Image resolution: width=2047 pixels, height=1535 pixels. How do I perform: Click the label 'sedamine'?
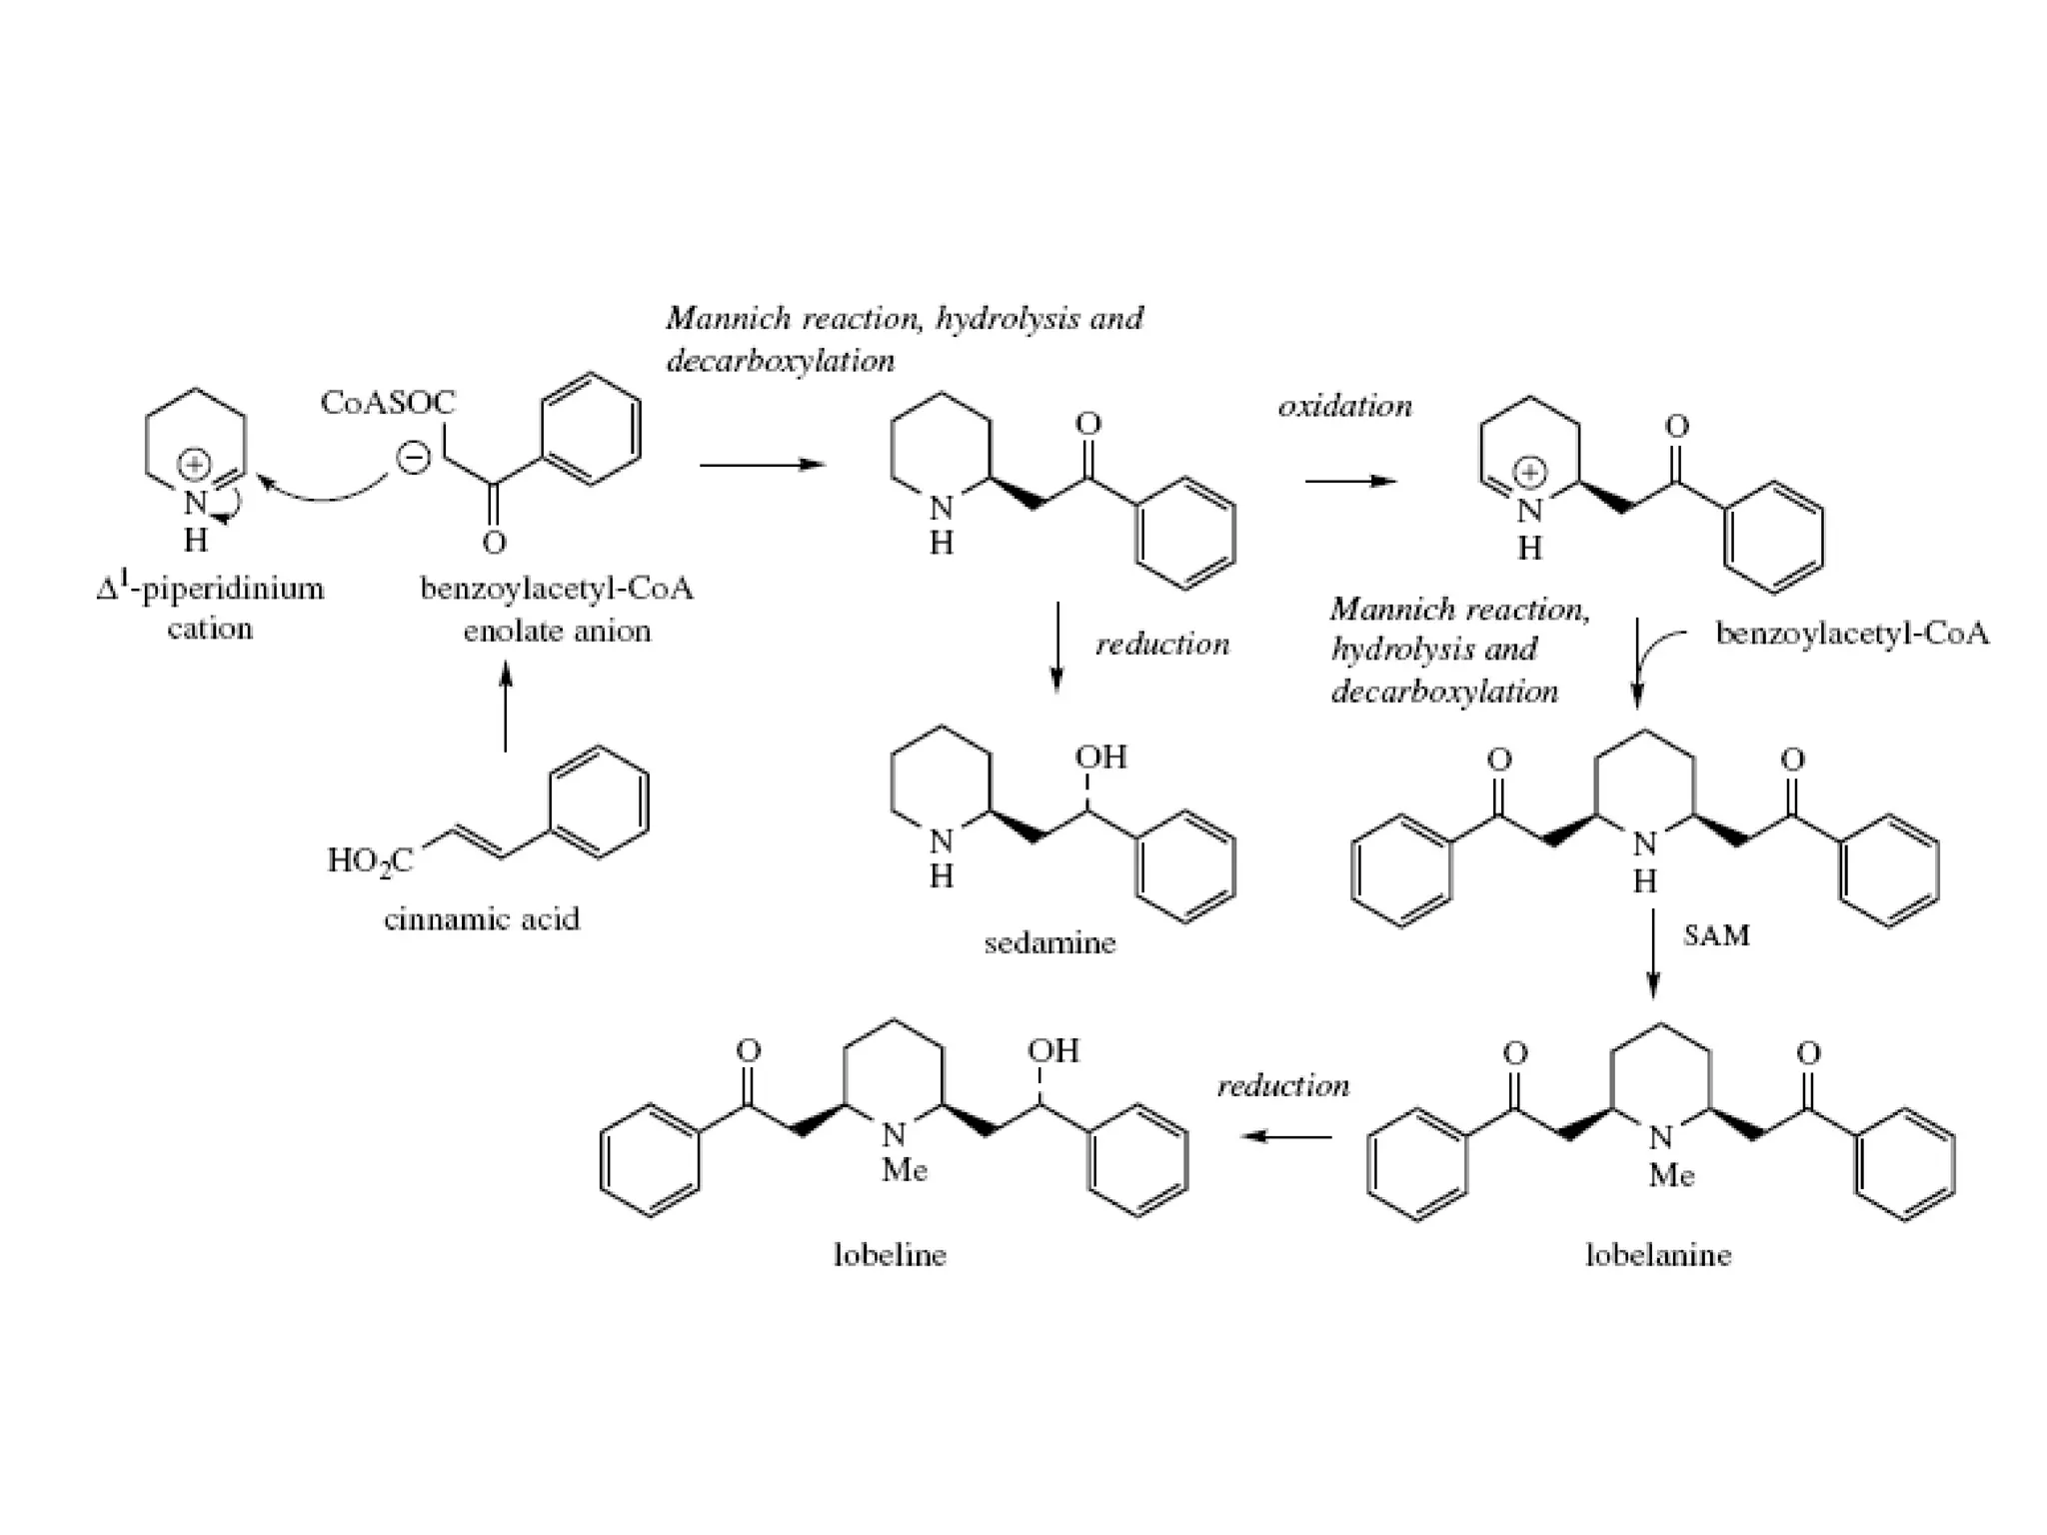pyautogui.click(x=1049, y=942)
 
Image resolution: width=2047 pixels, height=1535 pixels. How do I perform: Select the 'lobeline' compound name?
pyautogui.click(x=890, y=1254)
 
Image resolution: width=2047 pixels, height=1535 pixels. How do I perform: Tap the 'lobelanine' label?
pyautogui.click(x=1658, y=1254)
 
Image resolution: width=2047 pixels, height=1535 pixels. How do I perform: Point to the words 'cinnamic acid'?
pyautogui.click(x=482, y=918)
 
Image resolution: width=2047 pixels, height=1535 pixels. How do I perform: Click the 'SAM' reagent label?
pyautogui.click(x=1716, y=935)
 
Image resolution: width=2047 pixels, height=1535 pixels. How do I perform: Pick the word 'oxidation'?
pyautogui.click(x=1345, y=406)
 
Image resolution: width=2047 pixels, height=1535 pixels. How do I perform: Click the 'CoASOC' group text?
pyautogui.click(x=387, y=402)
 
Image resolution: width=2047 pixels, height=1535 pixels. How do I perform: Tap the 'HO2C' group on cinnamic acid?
pyautogui.click(x=370, y=860)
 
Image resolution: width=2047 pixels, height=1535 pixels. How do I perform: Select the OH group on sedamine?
pyautogui.click(x=1101, y=757)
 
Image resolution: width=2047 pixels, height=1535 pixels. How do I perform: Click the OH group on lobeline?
pyautogui.click(x=1053, y=1050)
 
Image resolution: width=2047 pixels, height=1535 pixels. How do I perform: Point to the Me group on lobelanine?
pyautogui.click(x=1671, y=1175)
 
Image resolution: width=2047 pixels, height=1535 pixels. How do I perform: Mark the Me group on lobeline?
pyautogui.click(x=904, y=1170)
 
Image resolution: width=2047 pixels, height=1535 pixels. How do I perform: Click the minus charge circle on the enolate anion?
pyautogui.click(x=413, y=458)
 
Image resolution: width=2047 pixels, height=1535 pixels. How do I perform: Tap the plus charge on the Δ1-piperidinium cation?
pyautogui.click(x=193, y=465)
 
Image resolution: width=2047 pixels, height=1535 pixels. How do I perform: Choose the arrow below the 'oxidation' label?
pyautogui.click(x=1350, y=482)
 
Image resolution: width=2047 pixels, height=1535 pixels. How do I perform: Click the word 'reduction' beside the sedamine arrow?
pyautogui.click(x=1162, y=645)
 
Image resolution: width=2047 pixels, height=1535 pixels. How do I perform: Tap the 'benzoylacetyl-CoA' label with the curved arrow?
pyautogui.click(x=1852, y=634)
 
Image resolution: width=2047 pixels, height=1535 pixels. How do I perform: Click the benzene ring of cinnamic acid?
pyautogui.click(x=599, y=801)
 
